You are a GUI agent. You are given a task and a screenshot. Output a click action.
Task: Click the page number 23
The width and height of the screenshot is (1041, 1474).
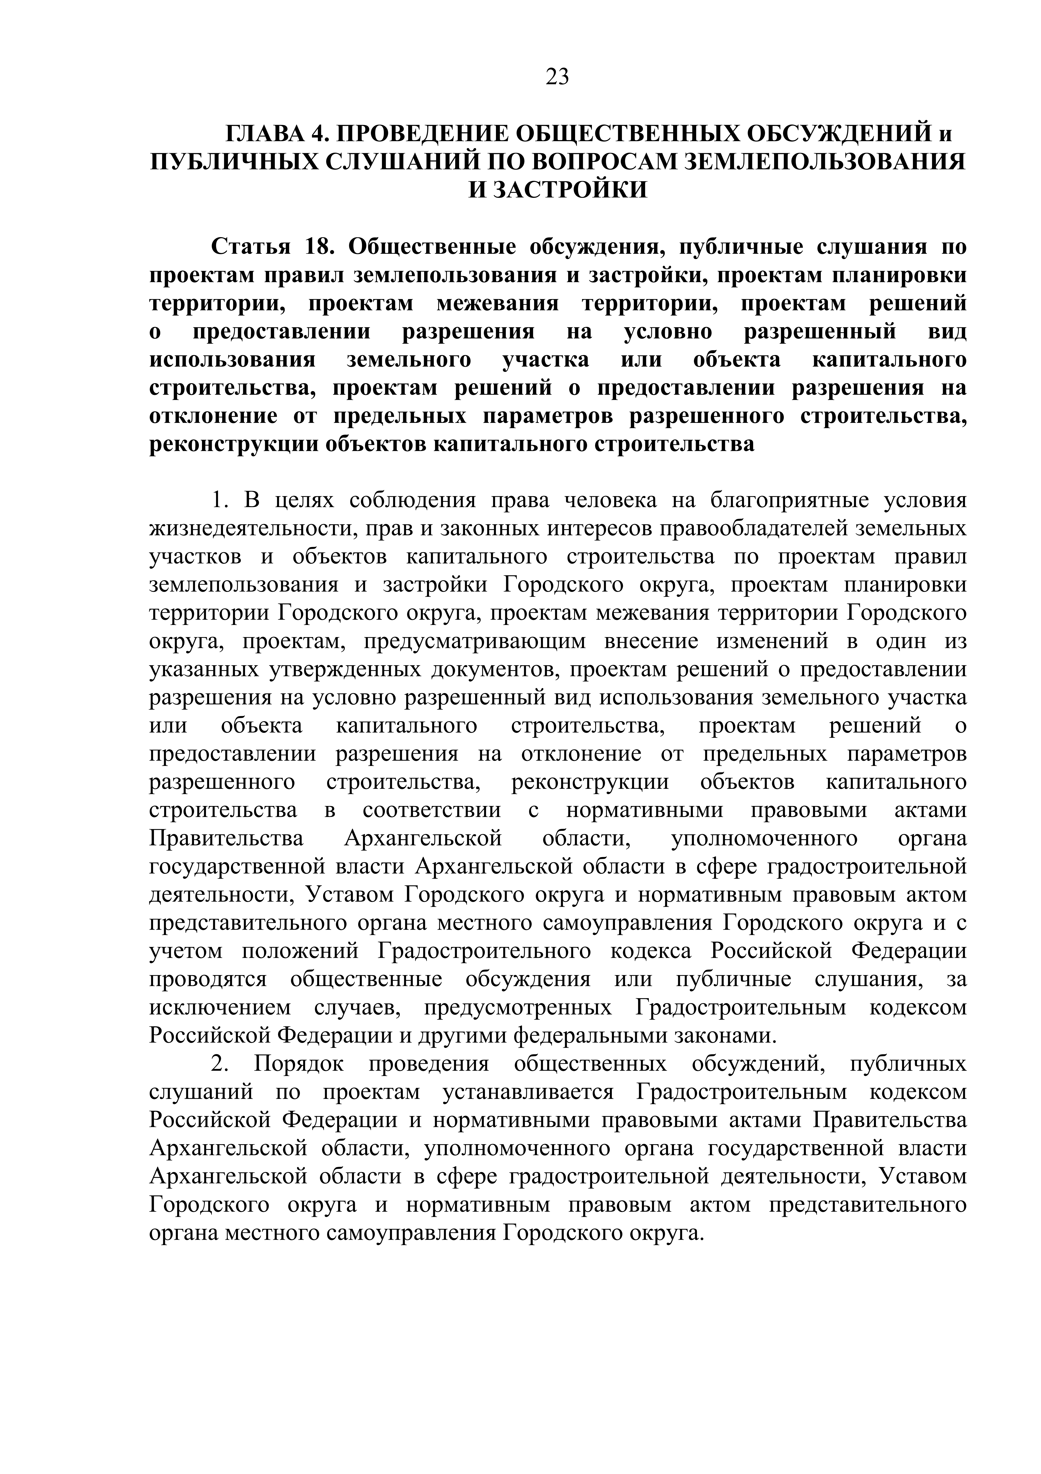tap(557, 77)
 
